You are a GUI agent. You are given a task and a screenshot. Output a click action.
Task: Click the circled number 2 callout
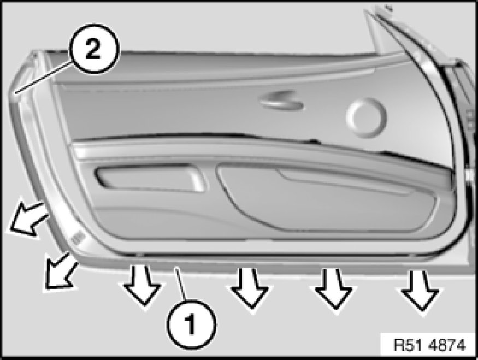coord(93,49)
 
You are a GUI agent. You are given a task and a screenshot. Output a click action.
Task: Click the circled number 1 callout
coord(191,324)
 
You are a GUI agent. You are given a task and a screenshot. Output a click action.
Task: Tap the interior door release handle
coord(281,100)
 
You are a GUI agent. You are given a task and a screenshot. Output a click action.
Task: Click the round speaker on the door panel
coord(367,117)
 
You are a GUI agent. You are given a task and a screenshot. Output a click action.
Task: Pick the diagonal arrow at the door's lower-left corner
coord(60,271)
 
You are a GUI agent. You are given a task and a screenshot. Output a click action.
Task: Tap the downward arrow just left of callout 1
coord(141,285)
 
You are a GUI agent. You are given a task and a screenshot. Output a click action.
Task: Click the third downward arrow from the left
coord(334,288)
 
